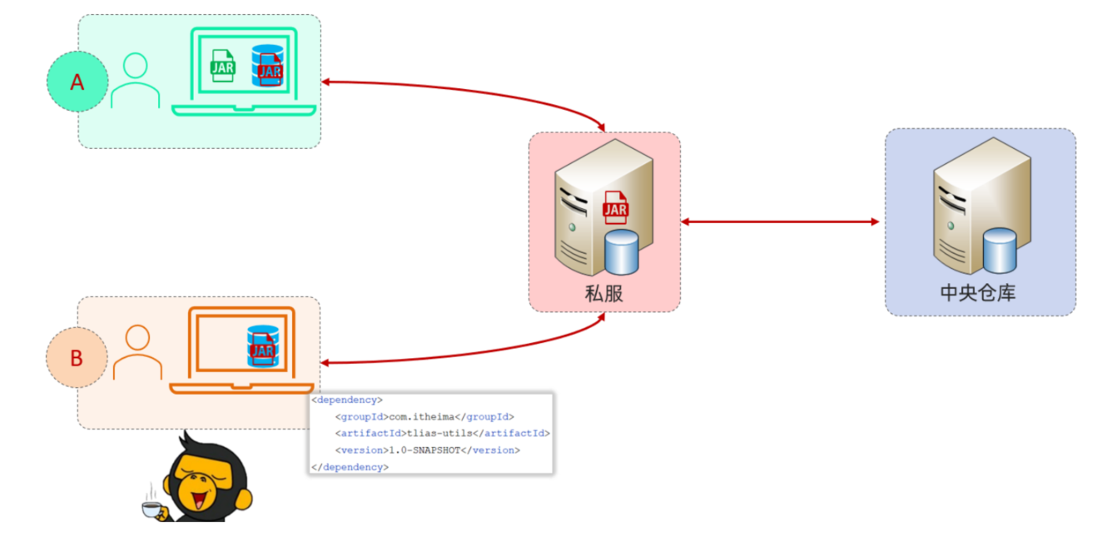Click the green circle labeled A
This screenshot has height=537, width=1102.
tap(77, 82)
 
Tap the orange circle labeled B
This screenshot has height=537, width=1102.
tap(77, 358)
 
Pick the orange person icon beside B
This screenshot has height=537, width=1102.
tap(137, 352)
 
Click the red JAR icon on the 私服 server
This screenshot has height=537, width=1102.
tap(615, 206)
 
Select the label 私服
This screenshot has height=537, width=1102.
tap(604, 293)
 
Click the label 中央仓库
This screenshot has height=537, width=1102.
tap(978, 293)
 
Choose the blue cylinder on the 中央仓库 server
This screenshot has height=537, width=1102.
tap(1000, 251)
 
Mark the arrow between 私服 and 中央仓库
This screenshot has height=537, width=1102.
tap(780, 221)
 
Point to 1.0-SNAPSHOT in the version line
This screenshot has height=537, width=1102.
tap(424, 450)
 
